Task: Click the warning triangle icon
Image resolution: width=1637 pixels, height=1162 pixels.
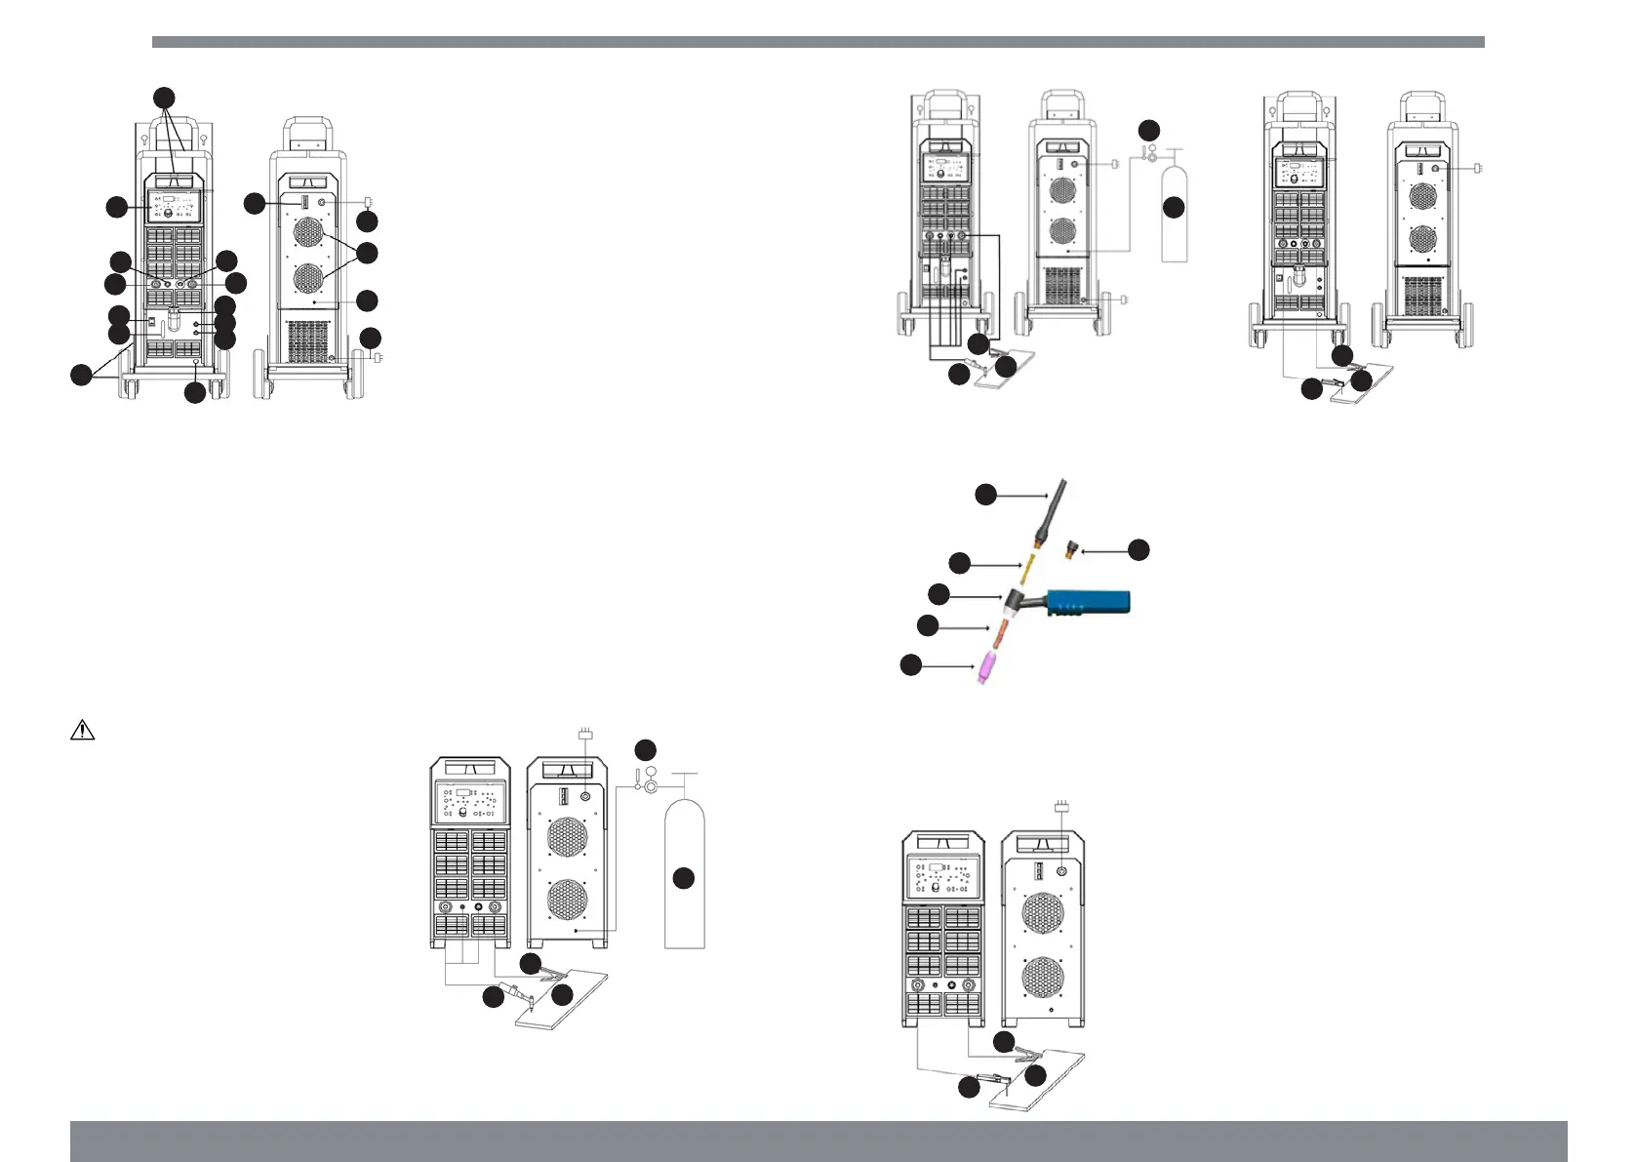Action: point(82,730)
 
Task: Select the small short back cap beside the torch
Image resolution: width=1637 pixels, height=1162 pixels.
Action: point(1071,551)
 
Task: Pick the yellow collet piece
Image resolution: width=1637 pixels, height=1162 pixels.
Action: point(1027,566)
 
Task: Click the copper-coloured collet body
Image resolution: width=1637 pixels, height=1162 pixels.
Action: point(998,630)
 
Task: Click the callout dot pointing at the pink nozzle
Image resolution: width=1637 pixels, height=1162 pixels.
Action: point(910,665)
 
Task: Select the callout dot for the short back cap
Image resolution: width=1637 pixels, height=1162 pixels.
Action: point(1138,550)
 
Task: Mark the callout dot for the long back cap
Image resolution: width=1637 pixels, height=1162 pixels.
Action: point(986,495)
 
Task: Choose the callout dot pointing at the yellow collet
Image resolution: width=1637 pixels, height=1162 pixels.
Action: point(960,562)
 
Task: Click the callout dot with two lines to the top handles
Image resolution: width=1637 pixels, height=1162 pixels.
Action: point(165,97)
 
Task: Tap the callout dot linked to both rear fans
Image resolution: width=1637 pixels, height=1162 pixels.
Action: point(367,253)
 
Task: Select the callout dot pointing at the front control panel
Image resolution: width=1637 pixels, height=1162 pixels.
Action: point(116,206)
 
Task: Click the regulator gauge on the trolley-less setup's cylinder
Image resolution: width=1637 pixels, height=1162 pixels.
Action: point(650,787)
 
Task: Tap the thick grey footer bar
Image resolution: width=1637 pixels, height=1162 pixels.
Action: point(818,1141)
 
